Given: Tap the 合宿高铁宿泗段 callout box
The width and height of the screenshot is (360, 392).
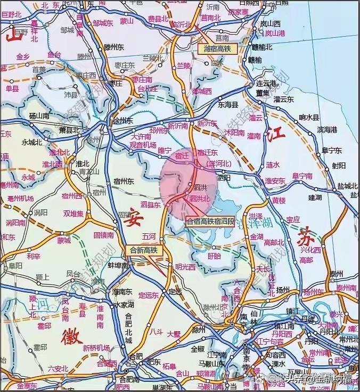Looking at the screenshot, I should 209,220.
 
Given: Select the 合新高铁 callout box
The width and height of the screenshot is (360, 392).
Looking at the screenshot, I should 144,250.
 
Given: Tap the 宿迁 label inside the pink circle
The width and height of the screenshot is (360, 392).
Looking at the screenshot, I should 181,155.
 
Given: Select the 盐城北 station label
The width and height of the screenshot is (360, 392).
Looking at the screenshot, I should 347,186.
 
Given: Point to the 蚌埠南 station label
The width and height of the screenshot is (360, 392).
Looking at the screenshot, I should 118,265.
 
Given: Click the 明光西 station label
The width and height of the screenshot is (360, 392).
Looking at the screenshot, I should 185,267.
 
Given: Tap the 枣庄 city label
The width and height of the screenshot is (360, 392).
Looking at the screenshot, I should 116,84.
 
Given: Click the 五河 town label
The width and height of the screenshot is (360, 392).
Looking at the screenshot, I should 150,235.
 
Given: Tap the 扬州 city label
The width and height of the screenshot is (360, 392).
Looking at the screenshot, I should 283,290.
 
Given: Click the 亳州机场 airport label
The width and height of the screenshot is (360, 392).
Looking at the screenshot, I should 21,198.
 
